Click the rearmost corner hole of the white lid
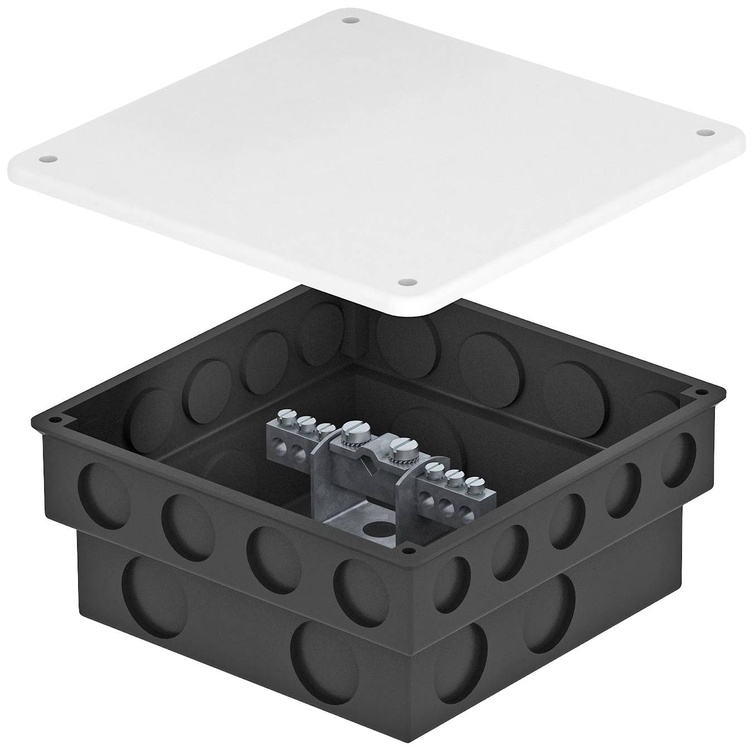[x=350, y=21]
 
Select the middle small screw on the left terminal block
[x=306, y=422]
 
